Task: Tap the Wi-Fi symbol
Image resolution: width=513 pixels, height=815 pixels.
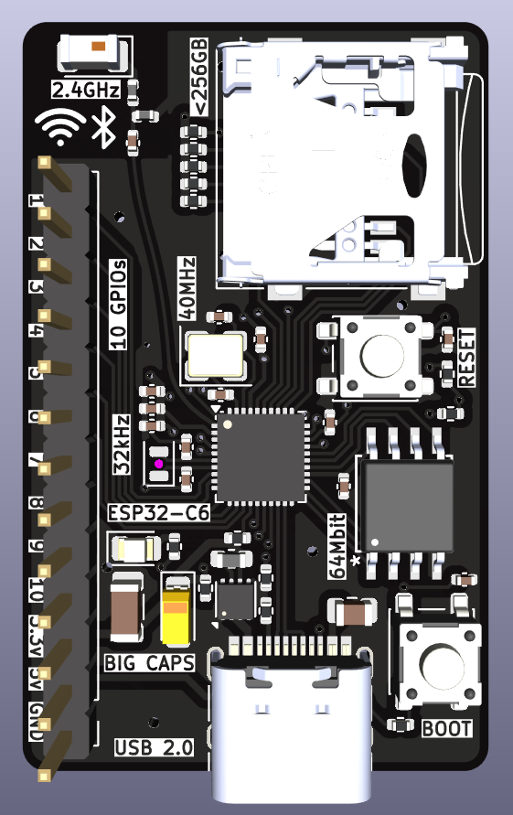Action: [61, 128]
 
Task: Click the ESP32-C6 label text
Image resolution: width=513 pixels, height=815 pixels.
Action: [158, 512]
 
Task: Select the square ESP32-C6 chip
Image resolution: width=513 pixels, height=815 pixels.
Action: [259, 456]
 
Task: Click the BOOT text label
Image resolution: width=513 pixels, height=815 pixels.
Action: [447, 729]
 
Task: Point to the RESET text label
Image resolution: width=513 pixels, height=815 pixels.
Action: [466, 356]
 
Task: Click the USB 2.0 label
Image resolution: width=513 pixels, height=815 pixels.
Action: [154, 747]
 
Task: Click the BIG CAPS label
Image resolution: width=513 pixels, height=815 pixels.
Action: [150, 662]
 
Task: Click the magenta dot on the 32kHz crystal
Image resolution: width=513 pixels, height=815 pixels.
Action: [158, 465]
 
